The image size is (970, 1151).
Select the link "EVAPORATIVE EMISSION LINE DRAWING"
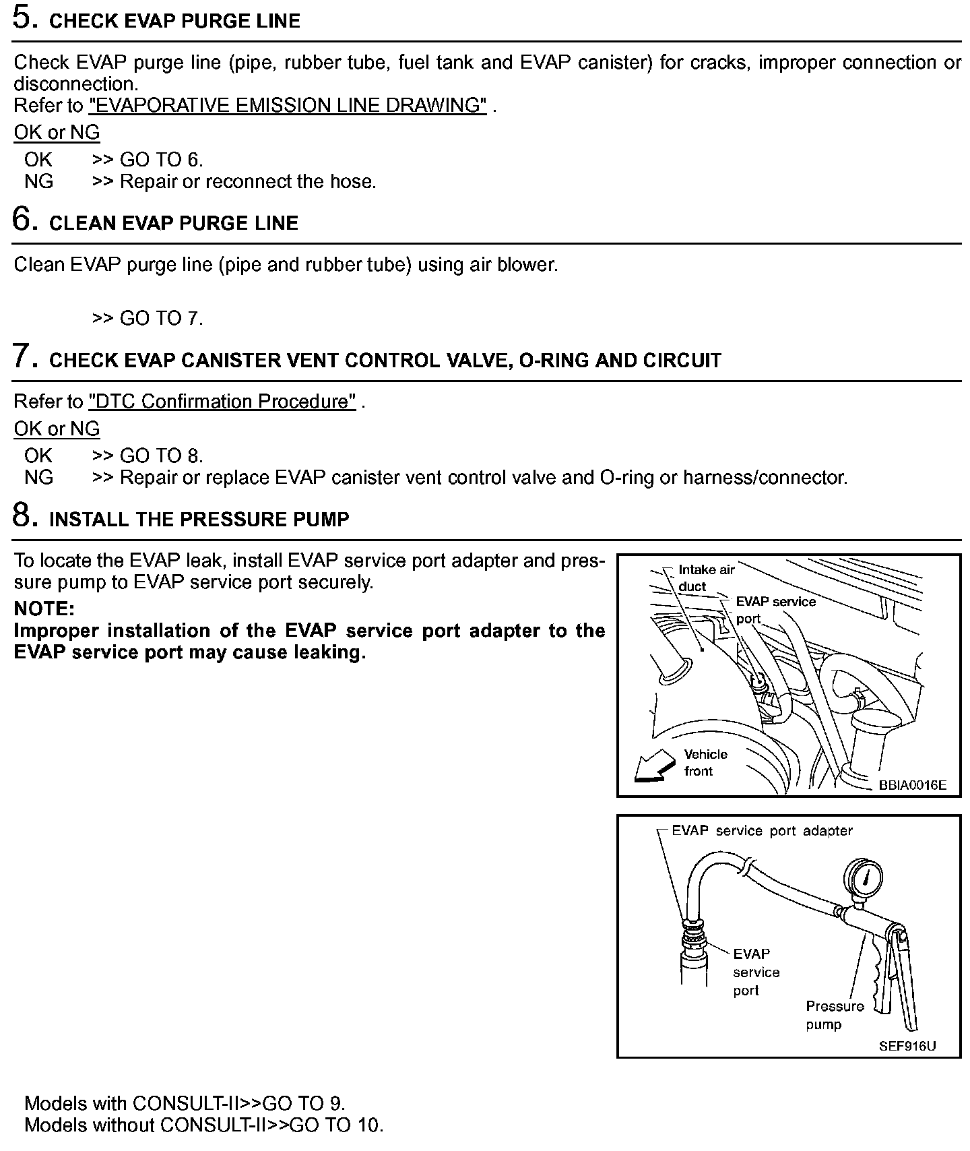point(288,106)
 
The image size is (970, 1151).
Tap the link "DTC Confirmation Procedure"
point(222,402)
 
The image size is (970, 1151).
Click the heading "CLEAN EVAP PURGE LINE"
point(174,224)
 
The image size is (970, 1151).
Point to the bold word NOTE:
point(44,609)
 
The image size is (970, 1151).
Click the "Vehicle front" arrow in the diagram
point(655,766)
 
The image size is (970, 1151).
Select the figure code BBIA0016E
point(912,785)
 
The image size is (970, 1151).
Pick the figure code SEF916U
point(907,1047)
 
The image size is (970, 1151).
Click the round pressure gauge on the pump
point(863,878)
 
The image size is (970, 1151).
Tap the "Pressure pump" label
point(834,1015)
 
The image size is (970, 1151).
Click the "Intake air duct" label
point(706,578)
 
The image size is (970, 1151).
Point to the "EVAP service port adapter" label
point(762,831)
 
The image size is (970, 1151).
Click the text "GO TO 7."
point(162,318)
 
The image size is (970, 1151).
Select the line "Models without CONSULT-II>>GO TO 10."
point(203,1125)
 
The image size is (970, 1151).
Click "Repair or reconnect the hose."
point(248,182)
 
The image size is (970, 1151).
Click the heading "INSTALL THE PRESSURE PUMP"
point(199,520)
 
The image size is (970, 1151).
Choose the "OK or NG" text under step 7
point(57,429)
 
